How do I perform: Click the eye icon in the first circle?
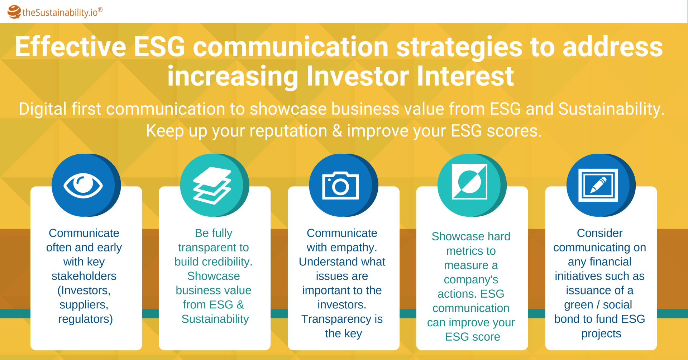click(83, 185)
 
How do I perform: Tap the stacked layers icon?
click(212, 186)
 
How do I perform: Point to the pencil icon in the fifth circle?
click(598, 185)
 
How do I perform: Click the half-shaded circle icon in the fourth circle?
click(470, 182)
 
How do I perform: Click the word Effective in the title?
click(71, 47)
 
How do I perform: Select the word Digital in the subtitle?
click(43, 109)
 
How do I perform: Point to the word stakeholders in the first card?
click(84, 276)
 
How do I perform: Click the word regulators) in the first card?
click(86, 319)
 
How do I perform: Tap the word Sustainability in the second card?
click(215, 319)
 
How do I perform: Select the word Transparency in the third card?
click(336, 319)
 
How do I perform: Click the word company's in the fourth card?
click(471, 279)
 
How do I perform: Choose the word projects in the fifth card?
click(601, 333)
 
